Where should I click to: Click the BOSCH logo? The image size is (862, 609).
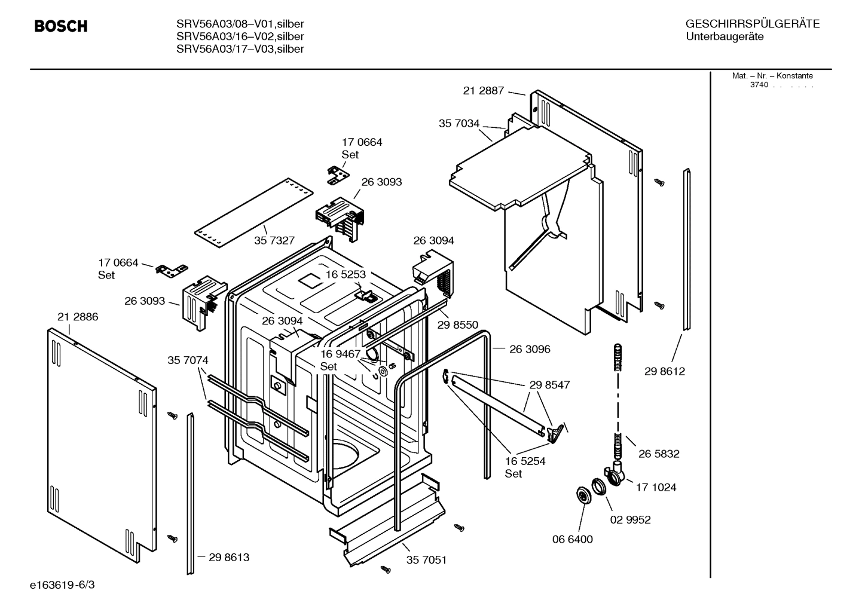61,26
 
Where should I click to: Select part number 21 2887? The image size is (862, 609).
483,91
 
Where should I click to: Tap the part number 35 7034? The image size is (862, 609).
458,124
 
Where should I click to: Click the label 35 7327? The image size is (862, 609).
274,240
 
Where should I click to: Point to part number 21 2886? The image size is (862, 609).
78,317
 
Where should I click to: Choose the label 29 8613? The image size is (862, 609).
229,557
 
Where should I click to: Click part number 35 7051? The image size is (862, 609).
426,560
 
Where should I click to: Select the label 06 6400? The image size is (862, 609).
572,539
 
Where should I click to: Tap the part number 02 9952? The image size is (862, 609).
630,519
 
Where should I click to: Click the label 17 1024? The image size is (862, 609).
656,487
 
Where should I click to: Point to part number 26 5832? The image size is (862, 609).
659,454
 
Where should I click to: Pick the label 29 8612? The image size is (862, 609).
664,371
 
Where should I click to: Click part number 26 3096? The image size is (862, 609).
530,349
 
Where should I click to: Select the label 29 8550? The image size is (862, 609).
457,325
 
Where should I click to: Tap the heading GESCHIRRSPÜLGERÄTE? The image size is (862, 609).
752,24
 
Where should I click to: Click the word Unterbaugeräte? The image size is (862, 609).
725,36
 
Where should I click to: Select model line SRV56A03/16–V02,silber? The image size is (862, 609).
240,36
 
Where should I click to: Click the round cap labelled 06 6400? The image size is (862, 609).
580,495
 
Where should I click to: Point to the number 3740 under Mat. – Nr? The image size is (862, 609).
759,85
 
